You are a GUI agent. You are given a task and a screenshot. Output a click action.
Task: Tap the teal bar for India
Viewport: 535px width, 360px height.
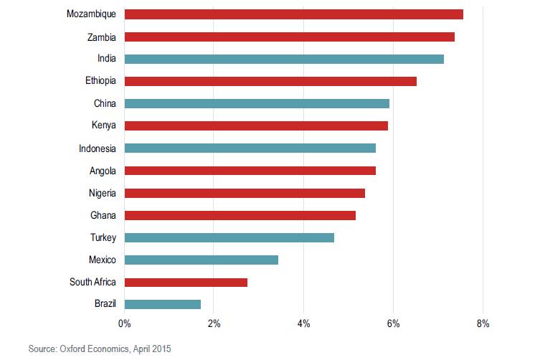tap(284, 59)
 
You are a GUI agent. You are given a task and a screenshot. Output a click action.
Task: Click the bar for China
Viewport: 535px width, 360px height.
tap(257, 103)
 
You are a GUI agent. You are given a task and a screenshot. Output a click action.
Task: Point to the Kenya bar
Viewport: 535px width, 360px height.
tap(256, 125)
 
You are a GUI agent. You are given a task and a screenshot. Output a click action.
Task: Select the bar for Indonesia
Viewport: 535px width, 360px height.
tap(250, 148)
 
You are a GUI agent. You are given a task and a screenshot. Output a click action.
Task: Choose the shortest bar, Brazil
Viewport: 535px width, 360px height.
tap(163, 304)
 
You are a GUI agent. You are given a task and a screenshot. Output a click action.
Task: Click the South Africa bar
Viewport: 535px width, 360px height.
tap(186, 282)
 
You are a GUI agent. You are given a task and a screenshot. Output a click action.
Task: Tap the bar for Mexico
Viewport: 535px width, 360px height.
tap(202, 260)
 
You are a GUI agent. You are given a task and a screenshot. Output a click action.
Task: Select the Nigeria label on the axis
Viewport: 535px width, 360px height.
tap(103, 193)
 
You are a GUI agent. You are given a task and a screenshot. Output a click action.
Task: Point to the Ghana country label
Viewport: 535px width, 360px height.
tap(105, 215)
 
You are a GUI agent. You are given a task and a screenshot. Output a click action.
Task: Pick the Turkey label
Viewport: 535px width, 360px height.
tap(104, 237)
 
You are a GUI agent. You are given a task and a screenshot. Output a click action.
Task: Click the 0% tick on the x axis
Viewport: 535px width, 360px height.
tap(125, 324)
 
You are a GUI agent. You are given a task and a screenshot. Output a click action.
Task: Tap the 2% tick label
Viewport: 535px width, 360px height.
tap(214, 324)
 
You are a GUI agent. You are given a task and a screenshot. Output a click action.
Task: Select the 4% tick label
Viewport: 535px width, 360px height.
tap(303, 324)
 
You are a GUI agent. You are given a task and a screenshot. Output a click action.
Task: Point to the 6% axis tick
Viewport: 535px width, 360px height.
tap(393, 324)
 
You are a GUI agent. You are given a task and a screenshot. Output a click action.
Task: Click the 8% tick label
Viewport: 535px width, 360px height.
tap(483, 324)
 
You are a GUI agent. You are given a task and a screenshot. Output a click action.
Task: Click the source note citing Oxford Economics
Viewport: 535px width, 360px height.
tap(100, 349)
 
